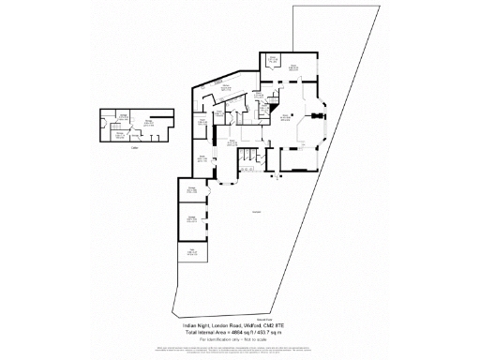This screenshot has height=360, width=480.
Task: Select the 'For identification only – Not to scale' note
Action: point(239,339)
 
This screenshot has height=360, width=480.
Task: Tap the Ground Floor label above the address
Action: point(239,319)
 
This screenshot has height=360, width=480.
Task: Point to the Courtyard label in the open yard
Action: point(256,214)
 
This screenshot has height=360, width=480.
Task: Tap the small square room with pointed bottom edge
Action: point(274,65)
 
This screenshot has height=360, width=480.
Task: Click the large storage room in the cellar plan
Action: point(149,123)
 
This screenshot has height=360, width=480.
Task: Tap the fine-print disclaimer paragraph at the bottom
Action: point(239,350)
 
